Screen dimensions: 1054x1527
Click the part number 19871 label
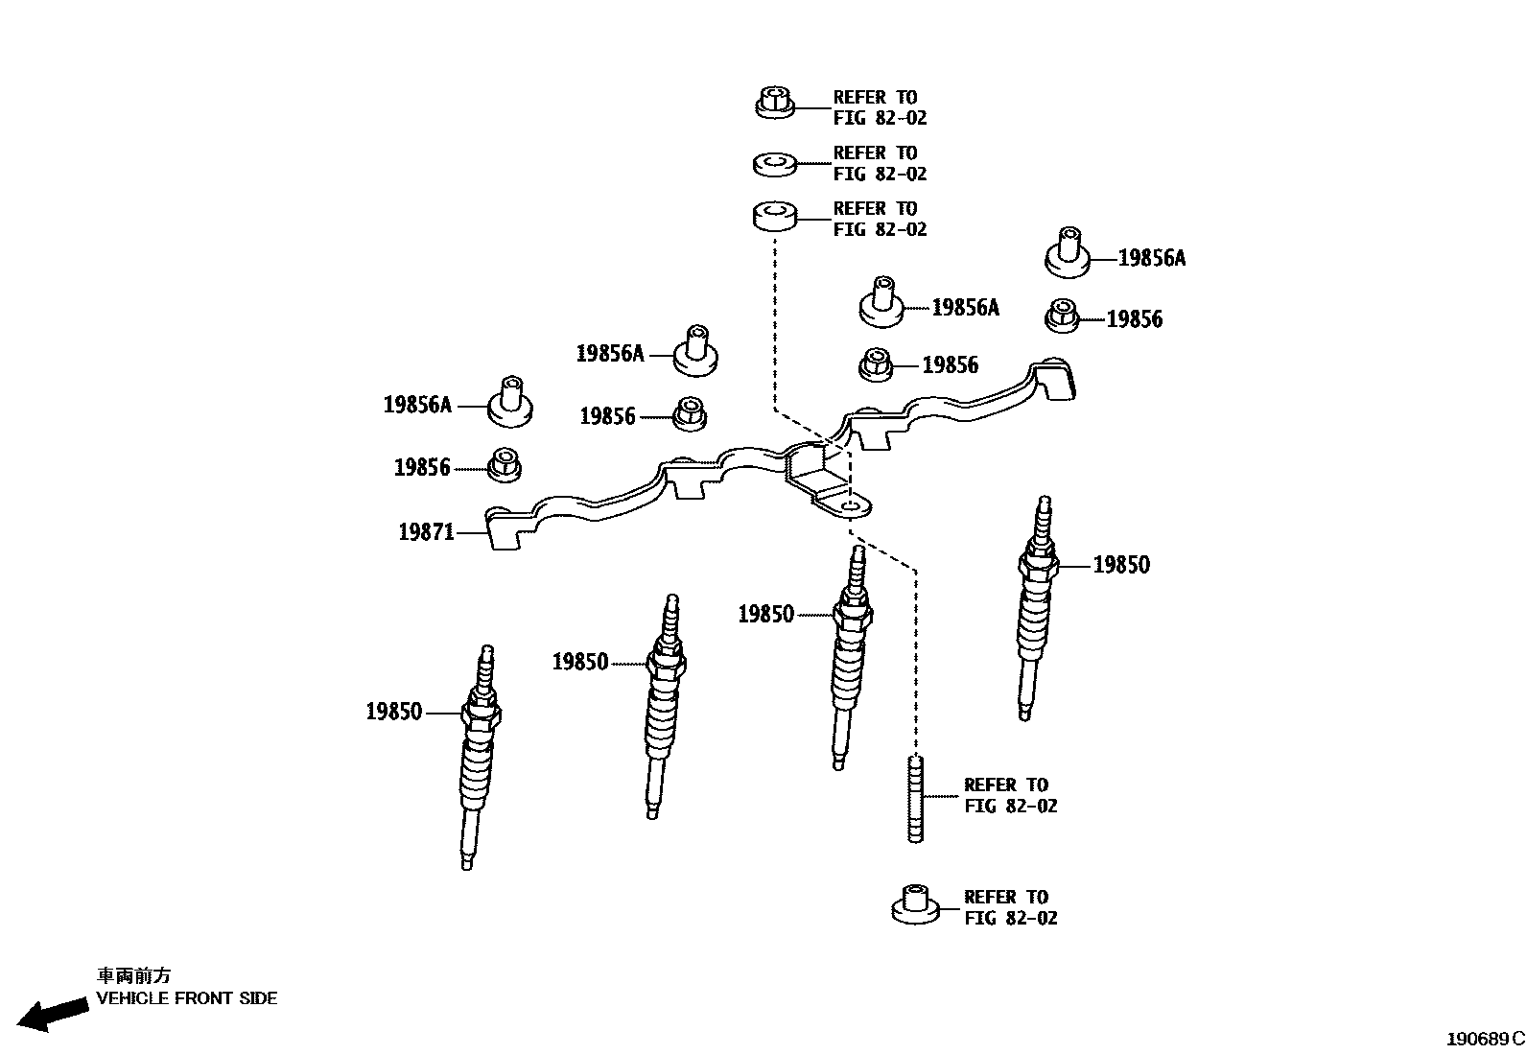point(426,531)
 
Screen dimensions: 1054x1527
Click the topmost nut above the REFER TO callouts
point(775,102)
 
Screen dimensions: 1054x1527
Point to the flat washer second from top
point(775,163)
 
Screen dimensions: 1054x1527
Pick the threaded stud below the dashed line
point(915,798)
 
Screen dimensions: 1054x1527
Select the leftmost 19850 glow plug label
point(393,712)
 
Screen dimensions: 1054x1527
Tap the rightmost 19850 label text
point(1121,565)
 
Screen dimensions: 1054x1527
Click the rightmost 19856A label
point(1152,258)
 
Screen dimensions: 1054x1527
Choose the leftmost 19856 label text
point(422,468)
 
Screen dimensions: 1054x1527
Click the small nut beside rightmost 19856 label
point(1062,316)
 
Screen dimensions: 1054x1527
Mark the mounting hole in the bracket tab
point(850,504)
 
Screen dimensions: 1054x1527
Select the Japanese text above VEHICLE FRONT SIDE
point(133,975)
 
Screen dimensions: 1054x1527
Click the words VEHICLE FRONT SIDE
point(186,998)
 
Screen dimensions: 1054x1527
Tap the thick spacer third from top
point(775,216)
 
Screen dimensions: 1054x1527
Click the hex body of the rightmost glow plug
point(1040,565)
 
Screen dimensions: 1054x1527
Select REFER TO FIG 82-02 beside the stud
point(1010,796)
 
